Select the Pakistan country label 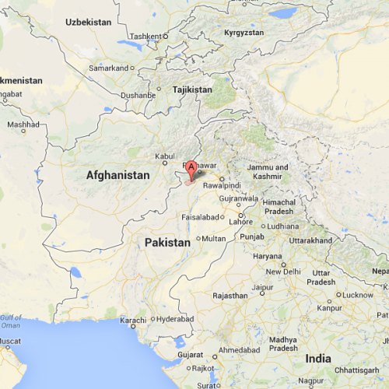tap(167, 244)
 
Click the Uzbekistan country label tap(88, 22)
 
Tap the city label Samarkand tap(109, 68)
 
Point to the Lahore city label tap(240, 222)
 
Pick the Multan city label tap(213, 239)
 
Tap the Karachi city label tap(133, 321)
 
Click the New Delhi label tap(283, 272)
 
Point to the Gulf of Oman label tap(12, 321)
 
